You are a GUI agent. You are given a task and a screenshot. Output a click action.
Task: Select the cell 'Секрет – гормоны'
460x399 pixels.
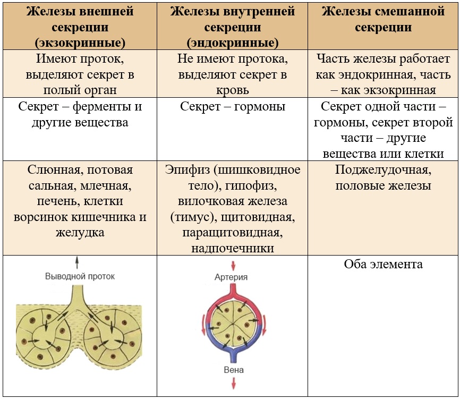233,107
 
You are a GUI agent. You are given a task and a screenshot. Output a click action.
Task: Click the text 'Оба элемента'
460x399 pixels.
383,264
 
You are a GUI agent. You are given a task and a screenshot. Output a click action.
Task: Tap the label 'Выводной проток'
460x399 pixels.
80,276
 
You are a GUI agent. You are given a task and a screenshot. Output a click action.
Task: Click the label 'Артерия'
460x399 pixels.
231,277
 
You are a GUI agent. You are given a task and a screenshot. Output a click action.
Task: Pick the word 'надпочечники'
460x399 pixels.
234,248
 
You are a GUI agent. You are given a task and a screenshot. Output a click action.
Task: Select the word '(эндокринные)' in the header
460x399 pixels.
233,42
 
